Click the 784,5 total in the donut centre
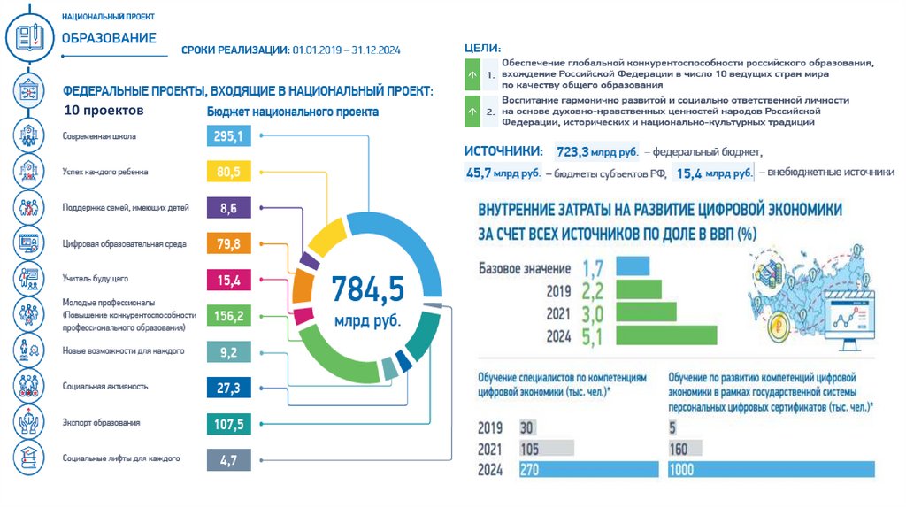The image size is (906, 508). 366,289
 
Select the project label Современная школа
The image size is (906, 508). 99,137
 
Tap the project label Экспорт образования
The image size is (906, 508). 101,423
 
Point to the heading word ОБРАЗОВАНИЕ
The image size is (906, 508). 109,38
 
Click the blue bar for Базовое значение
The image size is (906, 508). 632,266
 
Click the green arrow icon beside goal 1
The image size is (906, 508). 471,77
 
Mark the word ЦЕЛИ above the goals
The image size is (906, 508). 481,47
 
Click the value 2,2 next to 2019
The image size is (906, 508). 592,290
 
